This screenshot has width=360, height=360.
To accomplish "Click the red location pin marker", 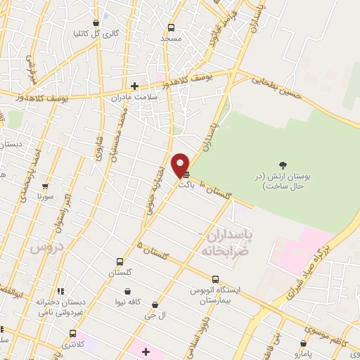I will [x=181, y=166].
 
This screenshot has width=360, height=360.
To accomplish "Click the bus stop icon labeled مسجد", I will [x=170, y=28].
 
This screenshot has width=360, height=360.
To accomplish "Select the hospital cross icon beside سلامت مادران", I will [x=134, y=86].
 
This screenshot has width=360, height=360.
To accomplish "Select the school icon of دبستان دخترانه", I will [x=60, y=291].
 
